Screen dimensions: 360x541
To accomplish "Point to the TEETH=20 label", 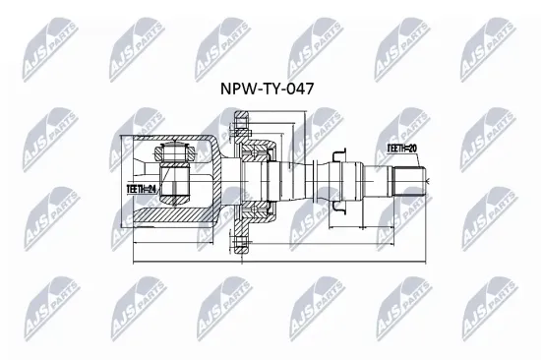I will pyautogui.click(x=403, y=147).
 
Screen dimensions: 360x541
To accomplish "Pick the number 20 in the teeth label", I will pyautogui.click(x=415, y=147).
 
